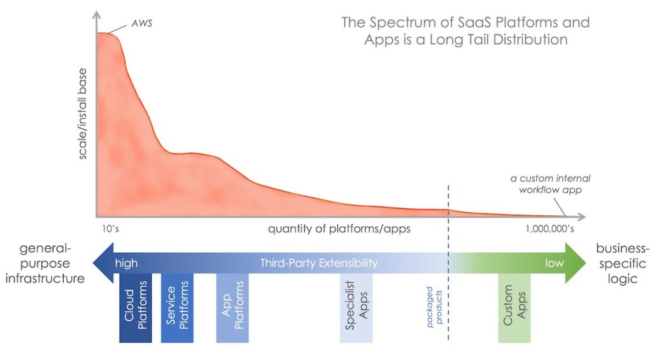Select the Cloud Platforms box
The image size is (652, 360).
point(136,308)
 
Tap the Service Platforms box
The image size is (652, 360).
point(176,308)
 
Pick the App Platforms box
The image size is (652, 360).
point(232,308)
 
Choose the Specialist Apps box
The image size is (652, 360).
point(356,308)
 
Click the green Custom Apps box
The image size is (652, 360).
point(514,308)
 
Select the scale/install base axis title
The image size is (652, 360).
point(83,117)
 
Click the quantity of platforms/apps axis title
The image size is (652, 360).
point(330,228)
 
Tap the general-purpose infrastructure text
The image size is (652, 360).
point(43,263)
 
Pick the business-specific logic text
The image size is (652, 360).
point(621,263)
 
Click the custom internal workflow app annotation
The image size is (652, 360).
point(550,185)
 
